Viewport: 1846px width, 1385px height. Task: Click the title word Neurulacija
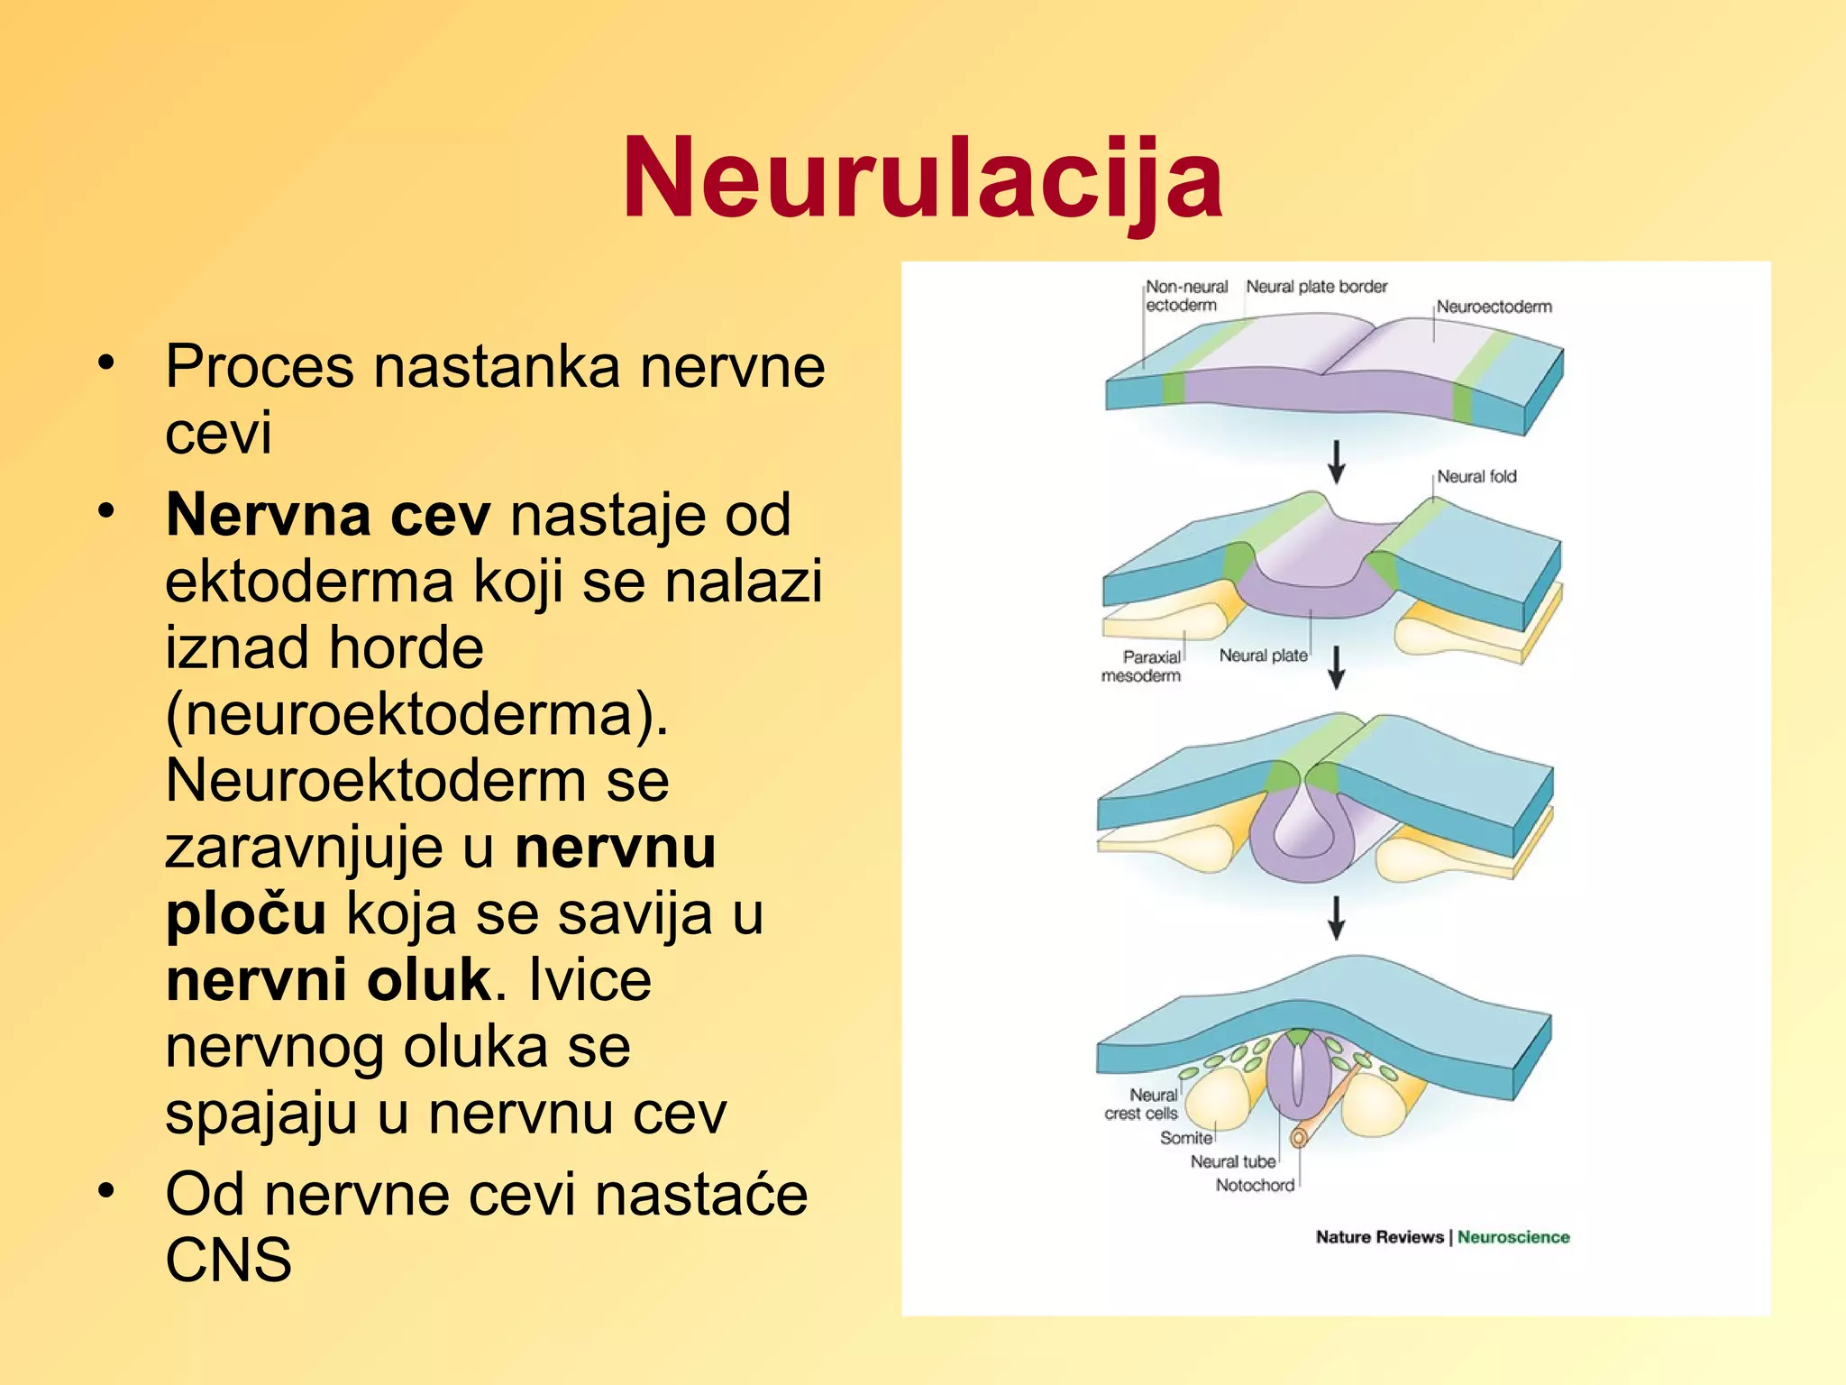click(x=922, y=178)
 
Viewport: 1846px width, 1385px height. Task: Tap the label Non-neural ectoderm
click(x=1185, y=296)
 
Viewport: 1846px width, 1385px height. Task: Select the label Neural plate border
click(x=1316, y=287)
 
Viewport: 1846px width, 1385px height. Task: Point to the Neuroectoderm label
click(x=1494, y=307)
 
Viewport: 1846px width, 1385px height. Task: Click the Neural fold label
click(x=1476, y=476)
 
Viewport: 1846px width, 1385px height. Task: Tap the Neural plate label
click(x=1263, y=656)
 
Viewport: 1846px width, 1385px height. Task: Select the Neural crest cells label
click(x=1143, y=1104)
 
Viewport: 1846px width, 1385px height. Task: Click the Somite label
click(x=1185, y=1138)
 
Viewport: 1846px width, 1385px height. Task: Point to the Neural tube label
click(x=1232, y=1161)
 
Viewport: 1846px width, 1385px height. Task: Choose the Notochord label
click(x=1255, y=1185)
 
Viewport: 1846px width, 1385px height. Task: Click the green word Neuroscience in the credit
click(x=1513, y=1237)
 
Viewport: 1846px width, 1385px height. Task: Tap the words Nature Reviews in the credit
click(x=1379, y=1237)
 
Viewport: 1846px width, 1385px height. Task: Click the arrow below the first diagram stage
click(x=1337, y=462)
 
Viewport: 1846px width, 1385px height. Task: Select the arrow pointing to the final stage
click(x=1337, y=918)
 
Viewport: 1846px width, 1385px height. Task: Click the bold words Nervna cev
click(x=328, y=515)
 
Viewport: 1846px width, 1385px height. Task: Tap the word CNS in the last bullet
click(x=228, y=1260)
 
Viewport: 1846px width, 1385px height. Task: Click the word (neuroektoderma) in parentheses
click(x=416, y=714)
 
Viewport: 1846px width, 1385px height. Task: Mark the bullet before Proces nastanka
click(x=107, y=362)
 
